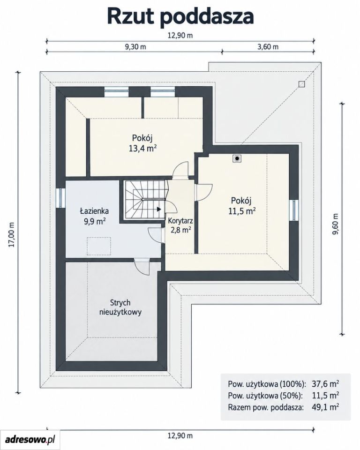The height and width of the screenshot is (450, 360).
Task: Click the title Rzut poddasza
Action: tap(180, 17)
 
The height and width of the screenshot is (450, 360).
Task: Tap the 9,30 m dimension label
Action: tap(135, 47)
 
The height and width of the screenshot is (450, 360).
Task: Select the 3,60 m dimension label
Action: tap(268, 47)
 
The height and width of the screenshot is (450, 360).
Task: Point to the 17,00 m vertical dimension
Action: tap(11, 235)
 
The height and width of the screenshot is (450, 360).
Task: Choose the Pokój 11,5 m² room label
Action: tap(242, 205)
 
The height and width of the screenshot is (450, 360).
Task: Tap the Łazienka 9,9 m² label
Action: tap(94, 216)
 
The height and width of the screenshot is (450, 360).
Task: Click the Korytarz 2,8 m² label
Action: tap(180, 225)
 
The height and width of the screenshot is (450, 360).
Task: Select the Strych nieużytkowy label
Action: tap(120, 307)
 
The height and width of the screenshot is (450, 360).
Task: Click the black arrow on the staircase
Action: tap(159, 209)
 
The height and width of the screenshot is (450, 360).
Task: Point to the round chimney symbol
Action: tap(237, 158)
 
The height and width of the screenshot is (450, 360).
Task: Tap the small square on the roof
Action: tap(301, 84)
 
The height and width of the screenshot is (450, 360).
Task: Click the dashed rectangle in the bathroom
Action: tap(99, 246)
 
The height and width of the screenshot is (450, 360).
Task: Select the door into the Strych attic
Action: tap(142, 267)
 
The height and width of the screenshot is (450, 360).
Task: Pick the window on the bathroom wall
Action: tap(61, 197)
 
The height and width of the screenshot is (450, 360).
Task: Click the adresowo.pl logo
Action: tap(30, 439)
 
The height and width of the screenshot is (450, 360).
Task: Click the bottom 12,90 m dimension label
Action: tap(180, 435)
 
